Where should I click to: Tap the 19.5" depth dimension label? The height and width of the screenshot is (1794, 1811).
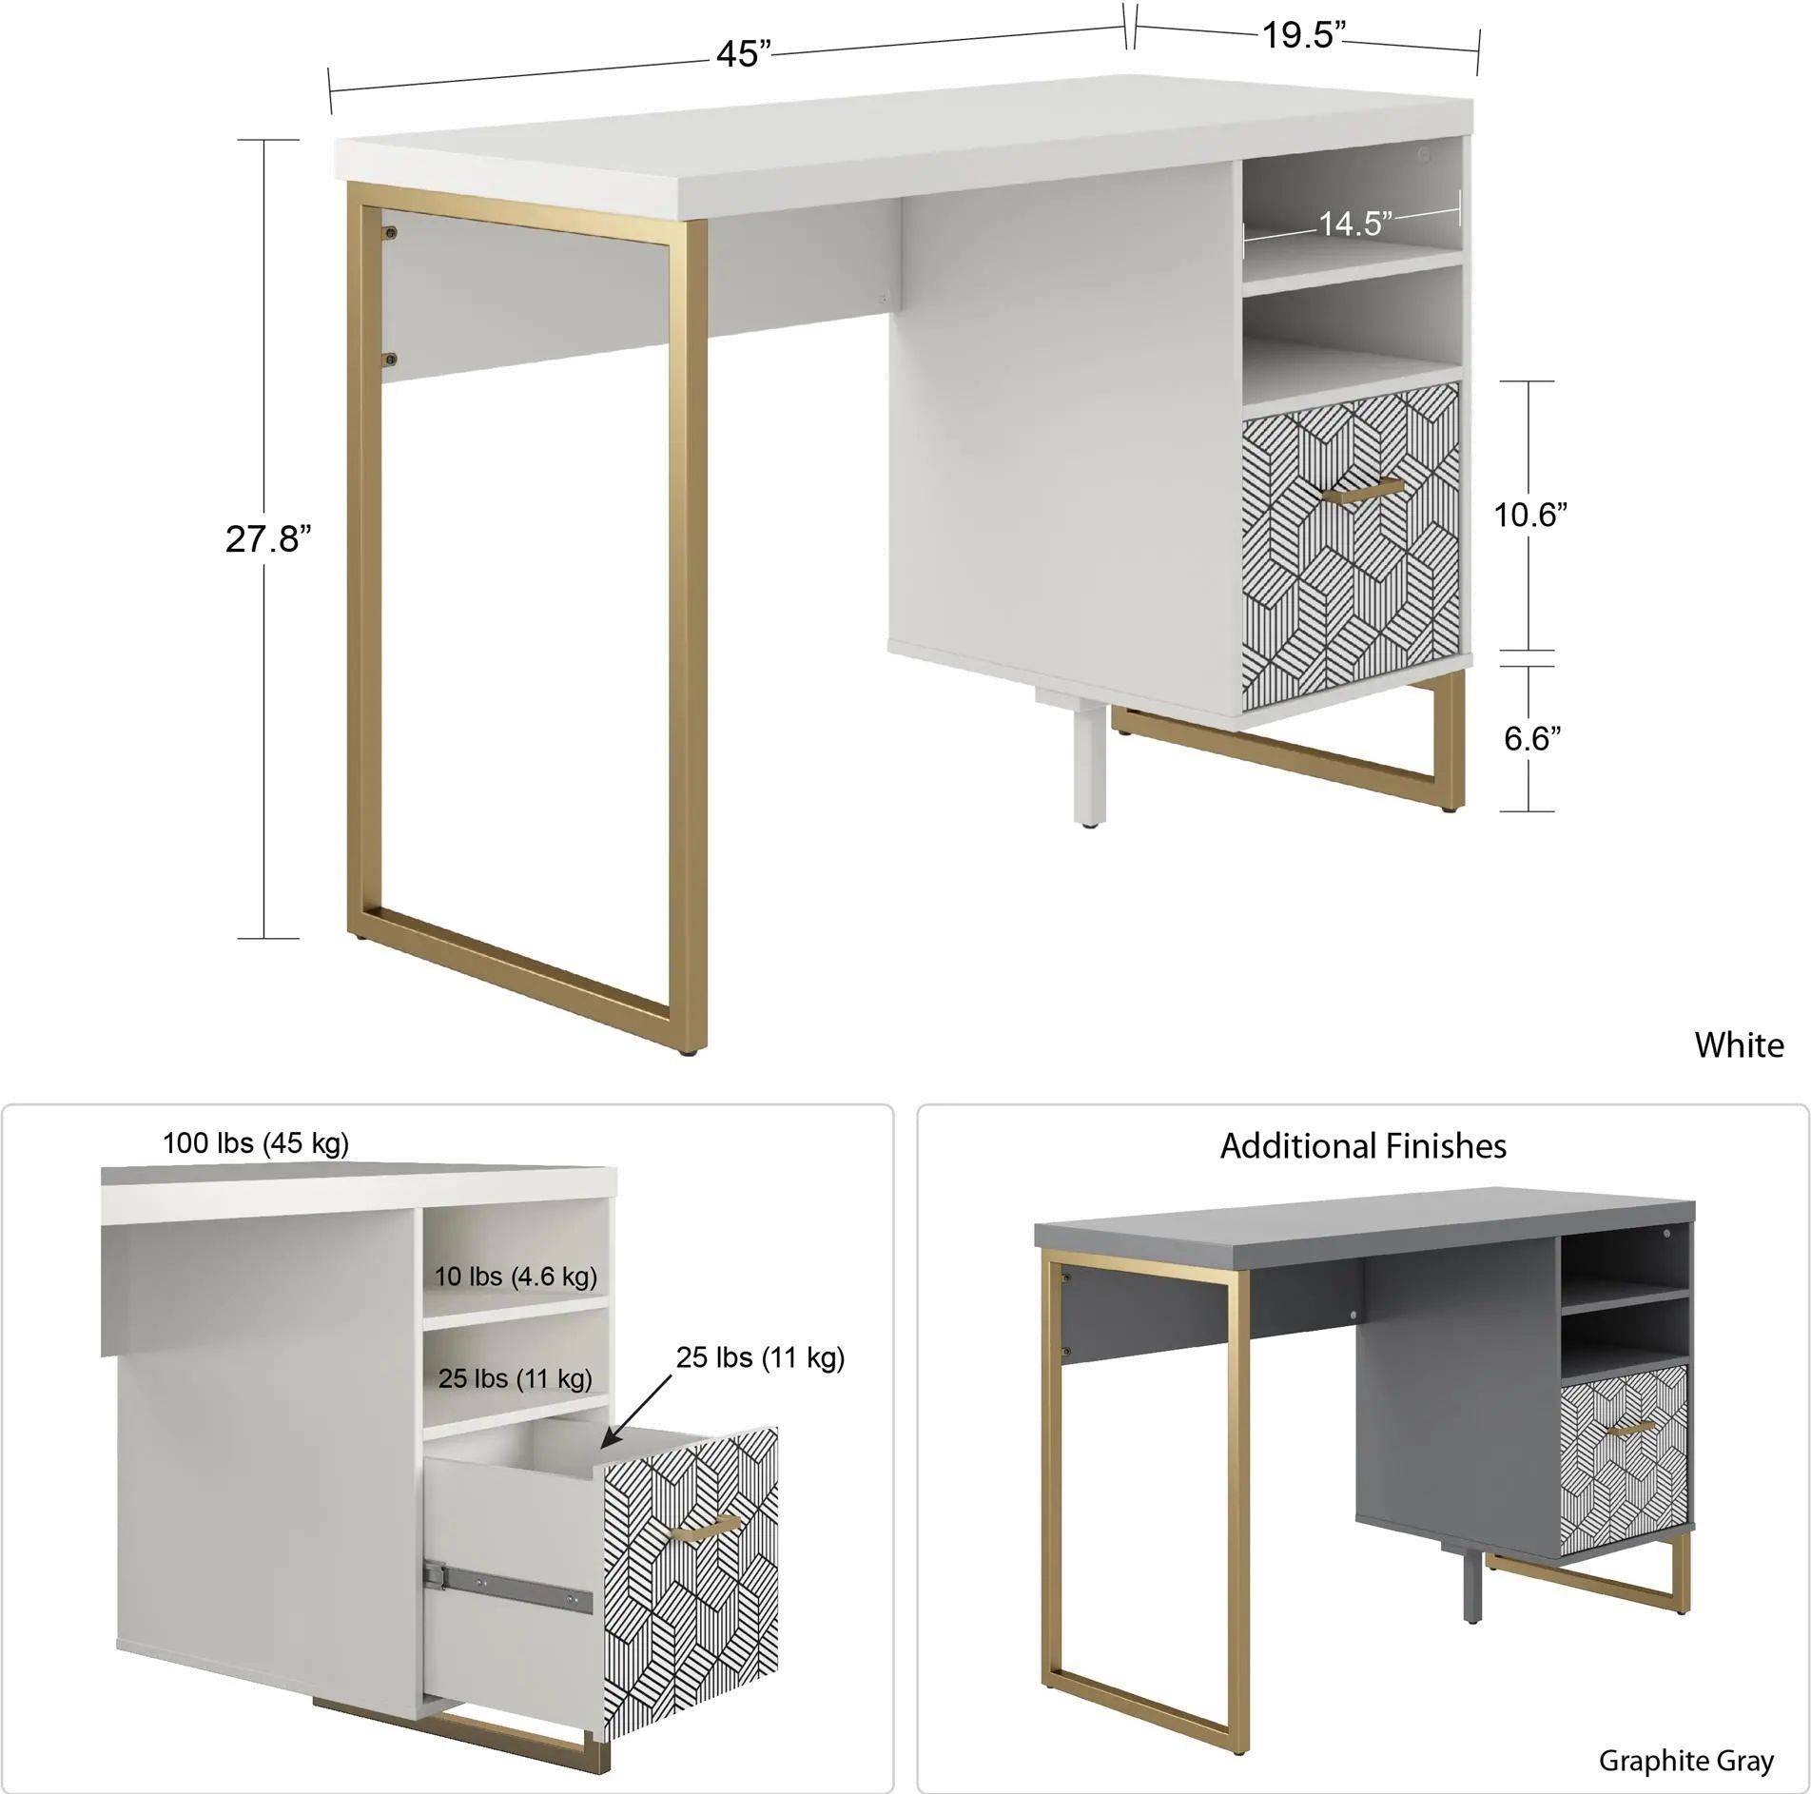(1306, 36)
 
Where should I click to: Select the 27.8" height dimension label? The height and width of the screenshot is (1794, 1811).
(267, 539)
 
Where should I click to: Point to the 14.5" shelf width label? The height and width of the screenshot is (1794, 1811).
(1354, 224)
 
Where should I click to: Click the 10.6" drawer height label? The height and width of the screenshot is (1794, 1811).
(1529, 517)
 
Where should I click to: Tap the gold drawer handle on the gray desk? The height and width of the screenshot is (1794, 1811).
(1630, 1430)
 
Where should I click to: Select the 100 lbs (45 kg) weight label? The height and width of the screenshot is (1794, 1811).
(257, 1142)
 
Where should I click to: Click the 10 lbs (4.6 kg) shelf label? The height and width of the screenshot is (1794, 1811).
(516, 1276)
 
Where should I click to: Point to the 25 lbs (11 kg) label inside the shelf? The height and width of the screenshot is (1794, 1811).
(515, 1377)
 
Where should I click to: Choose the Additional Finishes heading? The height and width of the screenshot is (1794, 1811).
(1362, 1146)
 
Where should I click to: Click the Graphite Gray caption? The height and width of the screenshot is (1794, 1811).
(1685, 1761)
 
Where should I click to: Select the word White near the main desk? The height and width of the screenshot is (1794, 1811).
(1739, 1045)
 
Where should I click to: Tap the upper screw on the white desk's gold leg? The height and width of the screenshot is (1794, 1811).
(390, 232)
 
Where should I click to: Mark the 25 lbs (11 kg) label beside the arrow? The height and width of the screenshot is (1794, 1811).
(760, 1357)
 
